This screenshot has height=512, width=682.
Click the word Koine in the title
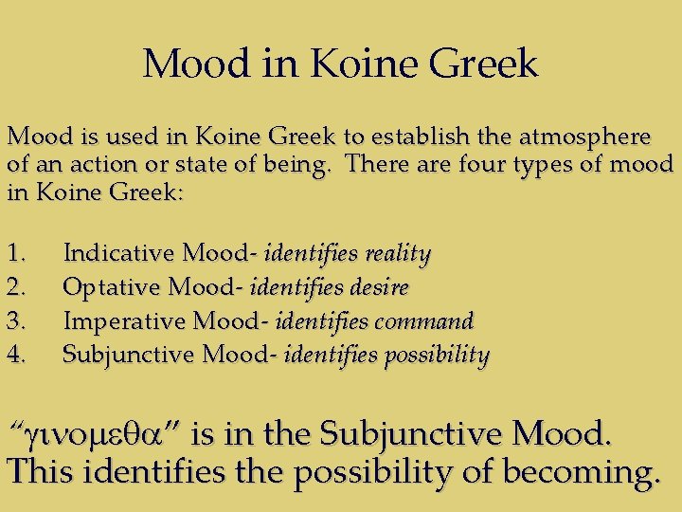[x=358, y=64]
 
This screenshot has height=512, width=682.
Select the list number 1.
[x=16, y=254]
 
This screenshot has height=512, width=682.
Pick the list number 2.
[x=16, y=288]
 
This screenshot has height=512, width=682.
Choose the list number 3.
[x=16, y=321]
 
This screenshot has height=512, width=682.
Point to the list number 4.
[x=16, y=356]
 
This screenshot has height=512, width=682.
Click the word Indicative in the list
[x=118, y=254]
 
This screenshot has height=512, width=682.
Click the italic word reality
[x=398, y=254]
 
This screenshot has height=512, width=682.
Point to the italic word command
[x=426, y=321]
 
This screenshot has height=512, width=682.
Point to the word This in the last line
[x=38, y=470]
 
